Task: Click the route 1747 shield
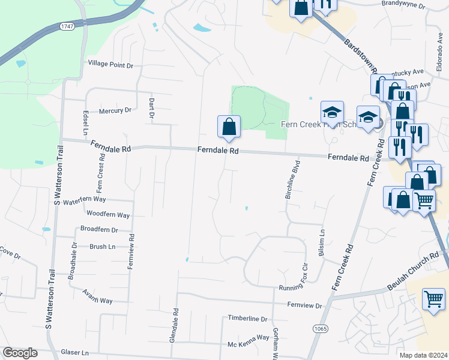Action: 67,26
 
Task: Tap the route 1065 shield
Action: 320,329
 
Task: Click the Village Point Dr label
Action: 110,64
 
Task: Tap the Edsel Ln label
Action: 86,123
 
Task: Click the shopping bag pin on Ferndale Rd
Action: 229,127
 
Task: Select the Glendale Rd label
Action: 174,325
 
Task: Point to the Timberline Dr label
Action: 247,318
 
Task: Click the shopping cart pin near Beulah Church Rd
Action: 433,299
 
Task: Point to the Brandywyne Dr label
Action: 403,6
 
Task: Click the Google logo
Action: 20,353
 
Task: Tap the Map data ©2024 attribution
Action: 424,355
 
